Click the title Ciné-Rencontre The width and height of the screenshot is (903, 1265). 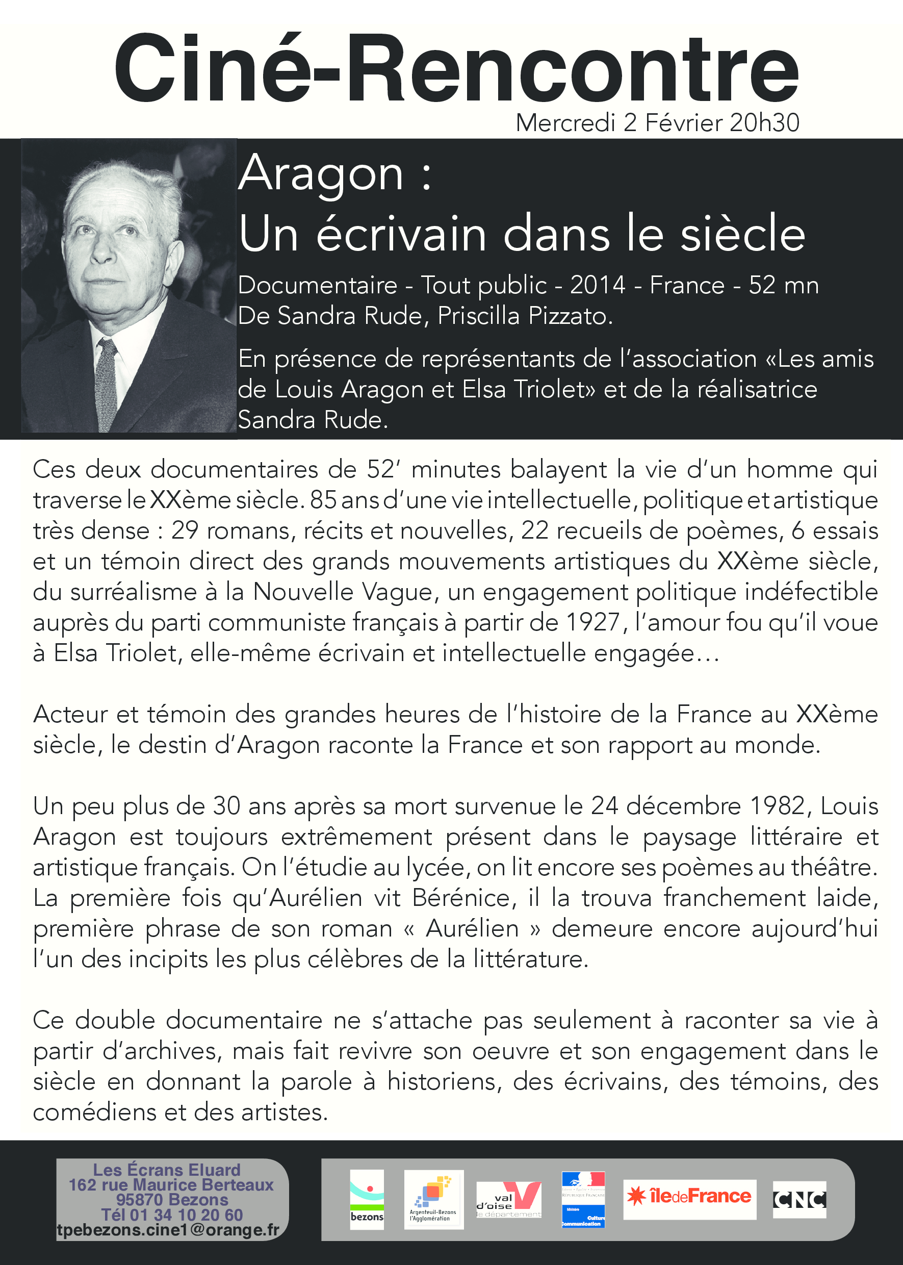tap(456, 69)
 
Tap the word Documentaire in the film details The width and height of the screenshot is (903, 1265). tap(318, 285)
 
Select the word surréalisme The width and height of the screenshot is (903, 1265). tap(134, 592)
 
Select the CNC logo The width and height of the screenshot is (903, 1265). tap(799, 1199)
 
